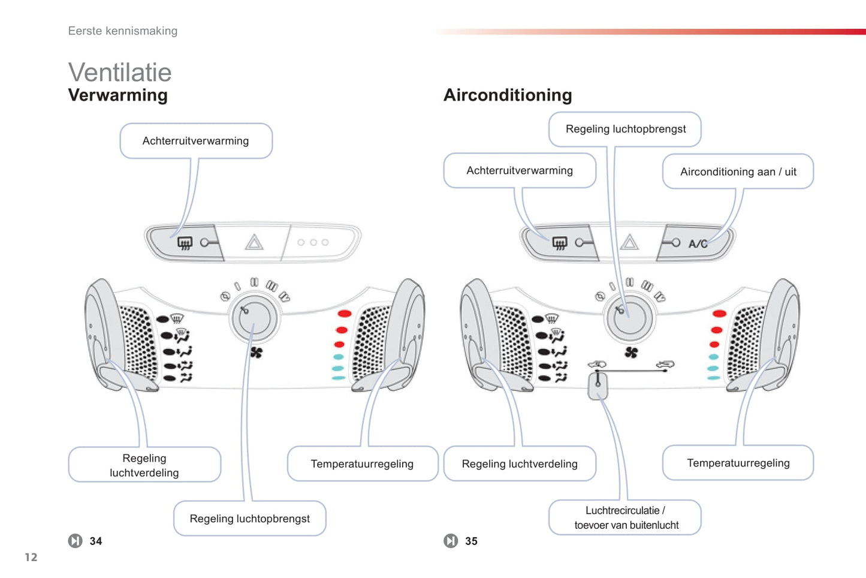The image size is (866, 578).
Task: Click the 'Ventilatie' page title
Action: [x=120, y=73]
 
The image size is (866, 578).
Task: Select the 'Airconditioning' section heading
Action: [x=508, y=95]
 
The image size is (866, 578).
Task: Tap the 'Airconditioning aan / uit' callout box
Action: [x=738, y=171]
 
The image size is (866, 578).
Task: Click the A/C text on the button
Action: [x=698, y=243]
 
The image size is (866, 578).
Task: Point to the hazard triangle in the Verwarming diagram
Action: [x=254, y=242]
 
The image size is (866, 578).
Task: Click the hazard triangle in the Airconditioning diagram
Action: [x=629, y=242]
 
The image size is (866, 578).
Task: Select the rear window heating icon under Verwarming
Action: [x=185, y=243]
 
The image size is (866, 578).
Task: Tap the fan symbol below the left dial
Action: [x=257, y=353]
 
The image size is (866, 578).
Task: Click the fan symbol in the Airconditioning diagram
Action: [x=631, y=352]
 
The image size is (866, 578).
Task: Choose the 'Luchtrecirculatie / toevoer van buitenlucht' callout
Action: [x=625, y=517]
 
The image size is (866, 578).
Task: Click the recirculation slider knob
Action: [x=598, y=385]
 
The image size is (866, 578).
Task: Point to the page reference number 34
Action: [x=96, y=541]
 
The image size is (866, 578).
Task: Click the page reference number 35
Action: [x=472, y=541]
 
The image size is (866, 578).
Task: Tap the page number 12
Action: [x=31, y=557]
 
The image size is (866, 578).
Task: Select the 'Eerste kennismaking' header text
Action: [x=123, y=31]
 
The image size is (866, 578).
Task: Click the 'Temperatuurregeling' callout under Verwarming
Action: [x=362, y=463]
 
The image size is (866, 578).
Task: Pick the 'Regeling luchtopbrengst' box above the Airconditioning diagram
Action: [x=625, y=129]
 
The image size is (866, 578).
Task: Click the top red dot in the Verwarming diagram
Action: [x=345, y=314]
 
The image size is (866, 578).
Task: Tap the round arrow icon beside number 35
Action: [x=451, y=541]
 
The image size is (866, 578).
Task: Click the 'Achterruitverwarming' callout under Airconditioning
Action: [x=520, y=170]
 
